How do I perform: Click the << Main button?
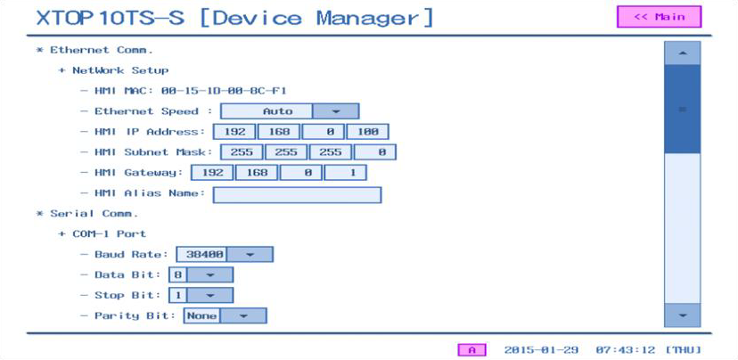(659, 17)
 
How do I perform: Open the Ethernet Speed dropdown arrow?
(336, 111)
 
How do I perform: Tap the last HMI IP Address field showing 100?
(367, 132)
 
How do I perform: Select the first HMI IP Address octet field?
(234, 132)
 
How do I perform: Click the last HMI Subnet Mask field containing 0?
(375, 152)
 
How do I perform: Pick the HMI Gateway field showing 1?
(346, 173)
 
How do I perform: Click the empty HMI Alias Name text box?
(297, 195)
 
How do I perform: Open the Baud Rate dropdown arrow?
(250, 255)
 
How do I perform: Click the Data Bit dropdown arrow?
(210, 274)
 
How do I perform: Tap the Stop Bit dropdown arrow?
(210, 296)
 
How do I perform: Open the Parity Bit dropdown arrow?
(243, 315)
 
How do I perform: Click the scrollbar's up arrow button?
(682, 53)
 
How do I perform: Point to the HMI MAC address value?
(224, 91)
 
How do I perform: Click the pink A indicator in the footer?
(472, 350)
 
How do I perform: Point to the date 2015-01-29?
(541, 350)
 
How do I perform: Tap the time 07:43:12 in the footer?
(625, 350)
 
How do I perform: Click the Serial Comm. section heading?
(94, 214)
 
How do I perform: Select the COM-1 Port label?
(109, 233)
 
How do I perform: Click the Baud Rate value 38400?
(201, 255)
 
